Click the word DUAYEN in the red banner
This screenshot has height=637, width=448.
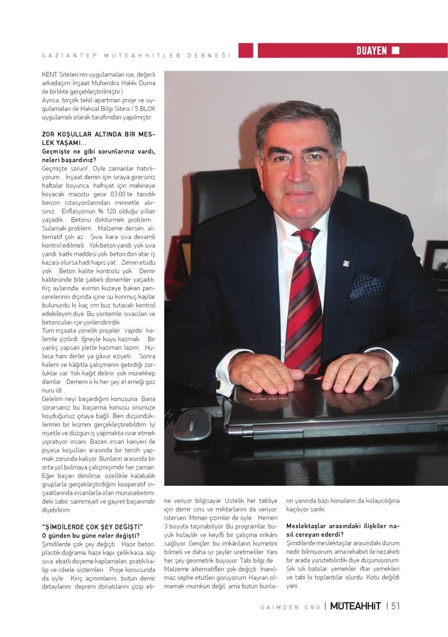click(371, 51)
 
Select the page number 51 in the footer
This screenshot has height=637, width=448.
click(395, 606)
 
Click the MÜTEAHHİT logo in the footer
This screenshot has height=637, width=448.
click(355, 606)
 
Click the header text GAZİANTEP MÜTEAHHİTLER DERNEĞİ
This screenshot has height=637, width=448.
click(137, 55)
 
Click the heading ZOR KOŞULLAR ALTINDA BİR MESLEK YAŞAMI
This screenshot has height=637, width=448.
click(99, 139)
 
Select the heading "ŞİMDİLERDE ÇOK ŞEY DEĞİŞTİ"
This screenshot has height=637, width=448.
click(93, 527)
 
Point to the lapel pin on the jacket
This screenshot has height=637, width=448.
click(346, 263)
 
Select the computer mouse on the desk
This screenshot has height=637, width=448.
click(193, 423)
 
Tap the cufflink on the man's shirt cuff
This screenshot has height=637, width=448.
click(219, 385)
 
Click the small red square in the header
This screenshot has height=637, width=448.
click(245, 51)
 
